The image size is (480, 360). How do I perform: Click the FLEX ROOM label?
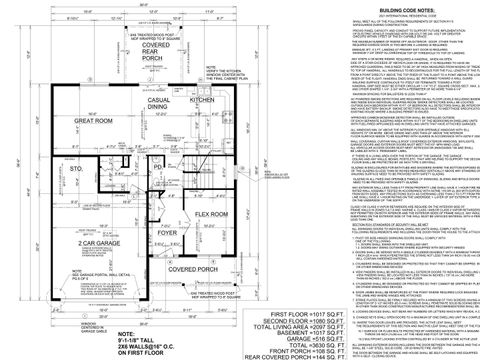[x=212, y=214]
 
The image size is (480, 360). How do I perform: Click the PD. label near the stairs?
[x=157, y=170]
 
